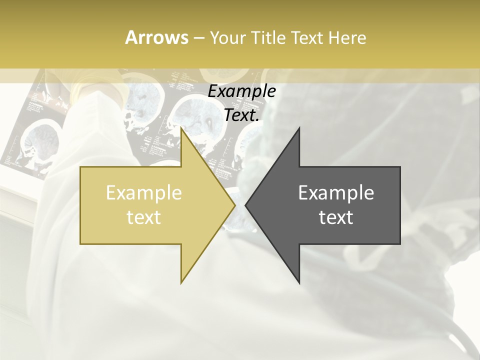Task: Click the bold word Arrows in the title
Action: click(x=156, y=37)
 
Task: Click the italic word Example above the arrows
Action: click(x=241, y=91)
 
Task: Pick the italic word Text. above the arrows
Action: click(x=242, y=115)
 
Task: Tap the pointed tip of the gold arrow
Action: click(x=235, y=205)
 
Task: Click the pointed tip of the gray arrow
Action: click(x=245, y=205)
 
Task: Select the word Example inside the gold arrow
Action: click(x=144, y=193)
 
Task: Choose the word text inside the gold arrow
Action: click(x=144, y=217)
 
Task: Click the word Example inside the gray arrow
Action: click(x=336, y=193)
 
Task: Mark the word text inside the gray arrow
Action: click(x=336, y=217)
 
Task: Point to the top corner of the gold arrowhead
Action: click(x=181, y=128)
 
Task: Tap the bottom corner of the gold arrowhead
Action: click(x=181, y=283)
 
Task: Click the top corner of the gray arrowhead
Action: click(x=299, y=128)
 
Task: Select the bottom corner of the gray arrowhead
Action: click(x=299, y=283)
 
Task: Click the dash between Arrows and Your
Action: click(x=198, y=38)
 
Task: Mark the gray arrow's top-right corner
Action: click(x=400, y=167)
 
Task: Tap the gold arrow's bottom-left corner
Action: click(x=80, y=244)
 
